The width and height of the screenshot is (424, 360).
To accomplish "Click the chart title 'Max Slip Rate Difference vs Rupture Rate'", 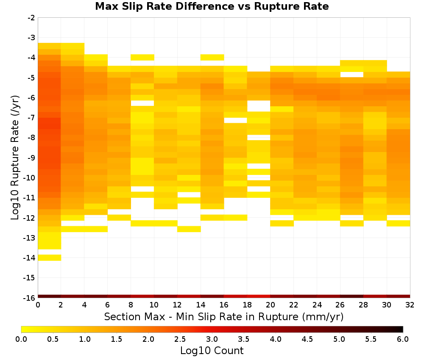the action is point(212,6).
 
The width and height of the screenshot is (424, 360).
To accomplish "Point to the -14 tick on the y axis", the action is point(29,258).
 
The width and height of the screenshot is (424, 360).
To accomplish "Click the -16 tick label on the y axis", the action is point(29,298).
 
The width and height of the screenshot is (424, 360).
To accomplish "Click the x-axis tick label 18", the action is point(247,305).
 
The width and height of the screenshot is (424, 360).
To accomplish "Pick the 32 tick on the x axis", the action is point(410,305).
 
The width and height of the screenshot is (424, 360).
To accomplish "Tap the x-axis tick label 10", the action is point(154,305).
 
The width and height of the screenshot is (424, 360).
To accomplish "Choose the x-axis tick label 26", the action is point(340,305).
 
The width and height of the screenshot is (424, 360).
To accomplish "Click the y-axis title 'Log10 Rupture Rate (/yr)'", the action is point(15,158).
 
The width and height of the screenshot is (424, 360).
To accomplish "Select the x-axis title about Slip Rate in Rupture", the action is point(224,316).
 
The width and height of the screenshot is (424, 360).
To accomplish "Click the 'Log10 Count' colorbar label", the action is point(212,351).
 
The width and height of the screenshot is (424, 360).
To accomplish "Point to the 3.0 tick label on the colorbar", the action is point(212,339).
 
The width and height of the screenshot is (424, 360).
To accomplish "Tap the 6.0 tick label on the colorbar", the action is point(403,339).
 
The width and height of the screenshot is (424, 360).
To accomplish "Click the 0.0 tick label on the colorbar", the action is point(21,339).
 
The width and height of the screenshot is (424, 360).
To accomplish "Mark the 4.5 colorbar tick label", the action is point(307,339).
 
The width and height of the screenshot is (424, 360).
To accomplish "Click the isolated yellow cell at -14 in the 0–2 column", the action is point(50,258).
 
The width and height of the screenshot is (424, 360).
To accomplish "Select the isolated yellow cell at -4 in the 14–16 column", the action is point(212,57).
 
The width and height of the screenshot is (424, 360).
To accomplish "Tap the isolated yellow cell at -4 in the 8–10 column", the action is point(142,57).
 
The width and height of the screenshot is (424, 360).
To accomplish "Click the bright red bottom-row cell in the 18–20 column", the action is point(259,296).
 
